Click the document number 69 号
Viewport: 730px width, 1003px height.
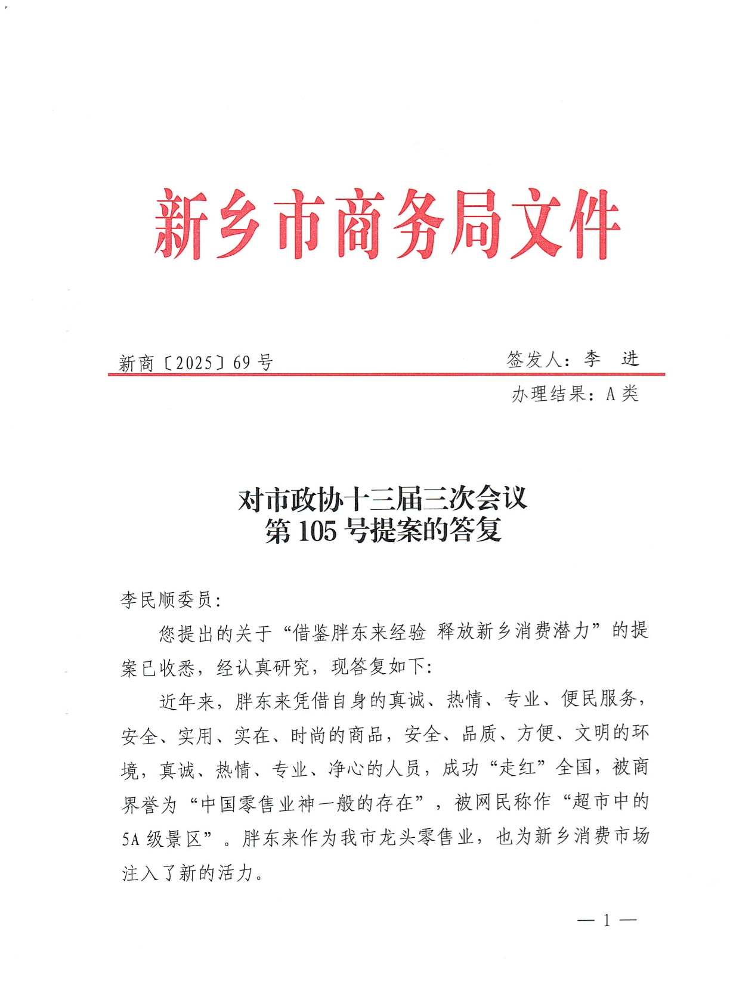(253, 362)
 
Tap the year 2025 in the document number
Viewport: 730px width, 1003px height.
(194, 363)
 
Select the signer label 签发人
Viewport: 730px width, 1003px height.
(534, 360)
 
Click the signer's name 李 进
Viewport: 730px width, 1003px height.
(611, 359)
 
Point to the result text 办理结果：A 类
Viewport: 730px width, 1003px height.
(574, 394)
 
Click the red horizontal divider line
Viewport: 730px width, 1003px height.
(386, 374)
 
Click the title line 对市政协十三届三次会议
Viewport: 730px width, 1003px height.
(382, 499)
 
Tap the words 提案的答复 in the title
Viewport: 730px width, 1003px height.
(436, 530)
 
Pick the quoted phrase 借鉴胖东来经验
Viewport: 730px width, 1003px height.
(360, 632)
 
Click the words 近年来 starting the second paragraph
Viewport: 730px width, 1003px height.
(187, 701)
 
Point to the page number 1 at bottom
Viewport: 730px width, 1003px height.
(607, 920)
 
